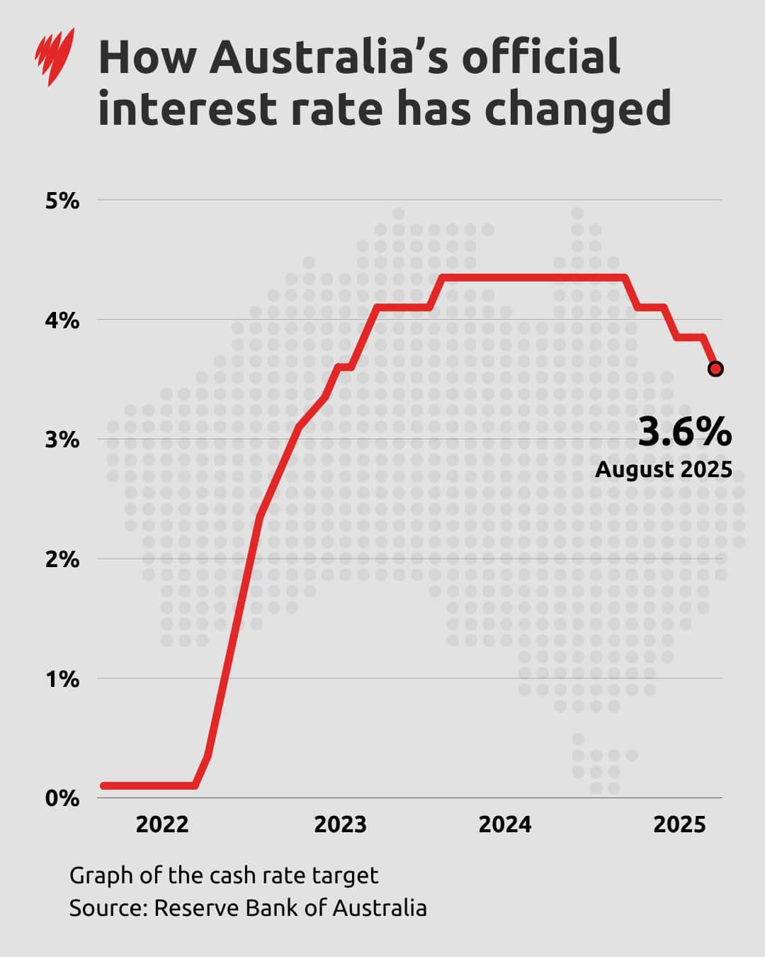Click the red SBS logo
(x=55, y=57)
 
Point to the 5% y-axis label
(x=62, y=201)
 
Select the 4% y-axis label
(x=62, y=320)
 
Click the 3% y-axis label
(x=62, y=440)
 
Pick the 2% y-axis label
(x=62, y=559)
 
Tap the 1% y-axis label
(x=62, y=679)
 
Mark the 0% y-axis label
(x=62, y=798)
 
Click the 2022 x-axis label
(x=162, y=824)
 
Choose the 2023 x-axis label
(x=340, y=824)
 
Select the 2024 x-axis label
(x=505, y=824)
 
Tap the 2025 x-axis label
(x=679, y=824)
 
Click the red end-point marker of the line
(x=715, y=369)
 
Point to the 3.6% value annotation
(x=684, y=432)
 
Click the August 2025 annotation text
(x=664, y=469)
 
